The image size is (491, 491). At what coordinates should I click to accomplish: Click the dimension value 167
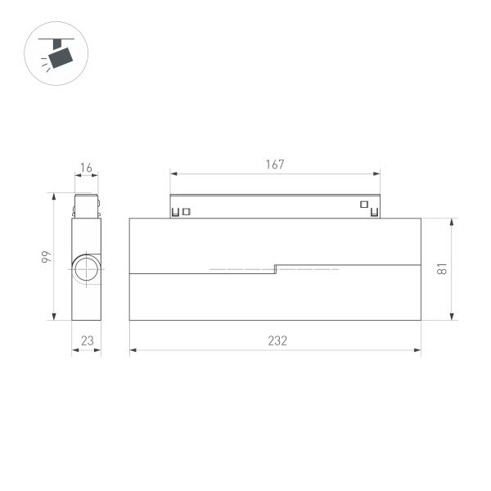click(x=275, y=164)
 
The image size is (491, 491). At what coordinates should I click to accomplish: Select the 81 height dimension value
click(x=441, y=268)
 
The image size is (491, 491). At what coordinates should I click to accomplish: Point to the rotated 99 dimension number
click(x=47, y=257)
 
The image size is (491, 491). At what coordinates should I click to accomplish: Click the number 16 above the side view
click(x=86, y=169)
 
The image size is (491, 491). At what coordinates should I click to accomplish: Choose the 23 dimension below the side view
click(x=86, y=341)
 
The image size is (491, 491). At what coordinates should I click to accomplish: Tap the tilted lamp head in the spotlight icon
click(x=61, y=56)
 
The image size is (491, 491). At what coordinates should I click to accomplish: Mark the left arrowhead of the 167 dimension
click(x=173, y=173)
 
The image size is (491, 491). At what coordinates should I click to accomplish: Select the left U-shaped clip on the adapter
click(x=175, y=213)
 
